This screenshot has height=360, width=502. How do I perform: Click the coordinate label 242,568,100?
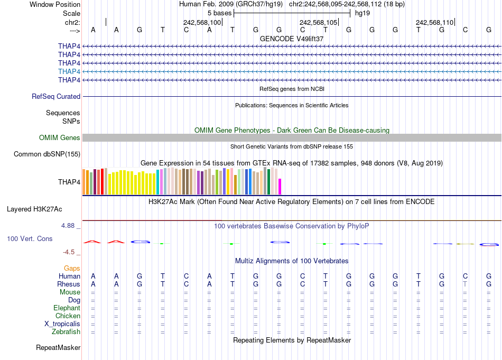[202, 22]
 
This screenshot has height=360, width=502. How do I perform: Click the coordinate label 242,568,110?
[434, 22]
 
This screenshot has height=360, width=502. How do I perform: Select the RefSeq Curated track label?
[56, 97]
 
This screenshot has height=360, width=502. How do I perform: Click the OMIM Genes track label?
[60, 138]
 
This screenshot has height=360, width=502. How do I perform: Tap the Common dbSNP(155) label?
[47, 154]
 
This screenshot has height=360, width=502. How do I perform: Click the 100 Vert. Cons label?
[30, 239]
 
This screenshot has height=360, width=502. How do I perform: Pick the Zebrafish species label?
[66, 332]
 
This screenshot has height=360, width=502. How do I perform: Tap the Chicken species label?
[68, 316]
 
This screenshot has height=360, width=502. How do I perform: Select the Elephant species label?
[67, 308]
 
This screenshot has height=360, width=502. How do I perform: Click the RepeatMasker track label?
[58, 348]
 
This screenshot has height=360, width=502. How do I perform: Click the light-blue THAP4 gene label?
[69, 71]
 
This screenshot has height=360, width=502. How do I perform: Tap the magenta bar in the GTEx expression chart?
[280, 187]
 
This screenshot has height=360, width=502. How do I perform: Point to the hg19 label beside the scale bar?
[362, 13]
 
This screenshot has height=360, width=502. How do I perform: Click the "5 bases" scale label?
[219, 13]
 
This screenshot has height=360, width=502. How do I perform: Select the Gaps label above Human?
[72, 269]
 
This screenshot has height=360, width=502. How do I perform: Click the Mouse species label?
[70, 292]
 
